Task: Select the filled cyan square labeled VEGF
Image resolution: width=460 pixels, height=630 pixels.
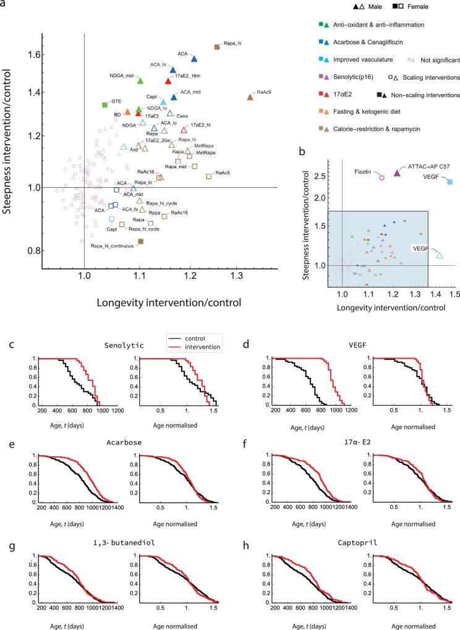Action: pyautogui.click(x=450, y=182)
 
